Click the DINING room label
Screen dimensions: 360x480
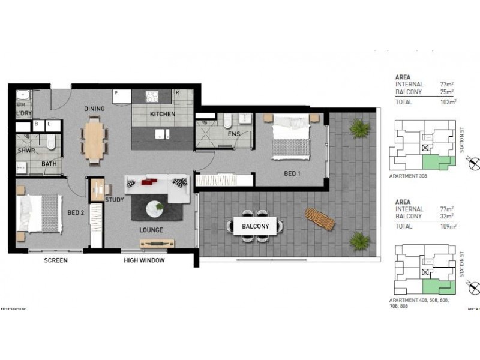[95, 109]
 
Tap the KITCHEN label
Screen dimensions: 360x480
[163, 114]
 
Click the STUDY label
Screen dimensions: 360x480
[114, 199]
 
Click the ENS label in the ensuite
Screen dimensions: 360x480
[234, 134]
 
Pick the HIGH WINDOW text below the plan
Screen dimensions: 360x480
[144, 260]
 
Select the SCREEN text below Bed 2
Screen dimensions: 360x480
[56, 260]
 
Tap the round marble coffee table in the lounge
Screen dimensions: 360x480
[156, 207]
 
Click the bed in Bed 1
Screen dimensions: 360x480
[292, 137]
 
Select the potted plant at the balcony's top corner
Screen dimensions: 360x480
[359, 127]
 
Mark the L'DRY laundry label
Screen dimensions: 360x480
[24, 113]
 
